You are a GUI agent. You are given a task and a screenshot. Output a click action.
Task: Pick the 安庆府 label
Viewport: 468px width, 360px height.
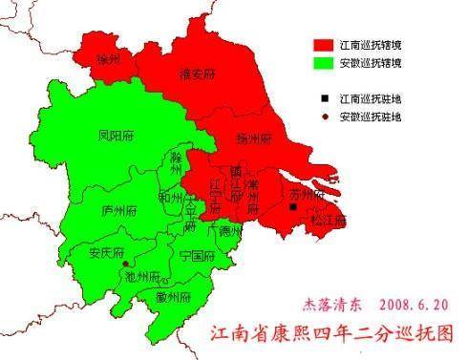(107, 253)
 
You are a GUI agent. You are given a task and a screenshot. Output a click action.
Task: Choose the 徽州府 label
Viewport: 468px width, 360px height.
(174, 297)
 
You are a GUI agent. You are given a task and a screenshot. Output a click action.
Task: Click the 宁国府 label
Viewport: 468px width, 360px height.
(197, 256)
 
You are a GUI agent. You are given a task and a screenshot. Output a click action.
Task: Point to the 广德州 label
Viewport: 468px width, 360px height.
(228, 231)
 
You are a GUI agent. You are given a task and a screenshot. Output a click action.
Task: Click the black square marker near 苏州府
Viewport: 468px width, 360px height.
(293, 206)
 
